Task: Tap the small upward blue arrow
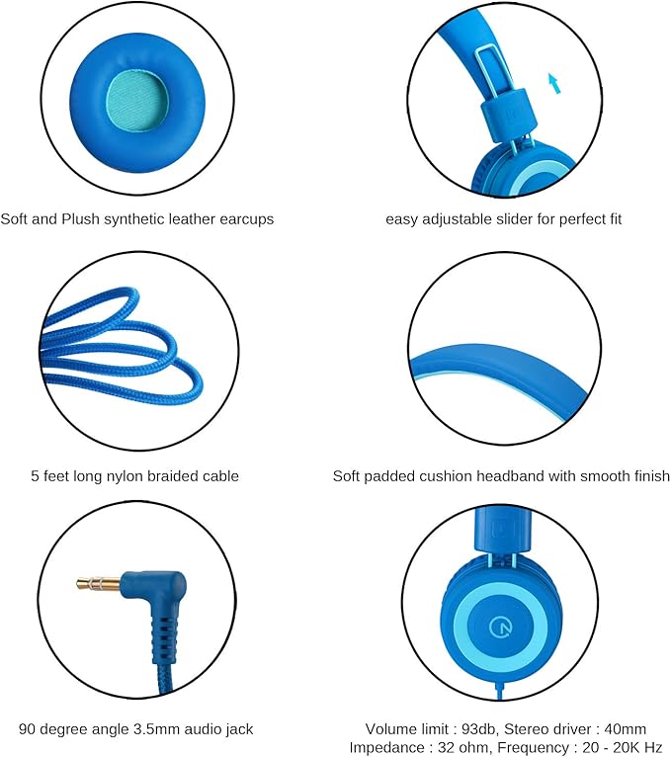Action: tap(555, 83)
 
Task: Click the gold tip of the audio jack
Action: tap(98, 583)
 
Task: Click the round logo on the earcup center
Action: tap(499, 628)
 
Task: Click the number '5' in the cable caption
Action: tap(35, 476)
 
